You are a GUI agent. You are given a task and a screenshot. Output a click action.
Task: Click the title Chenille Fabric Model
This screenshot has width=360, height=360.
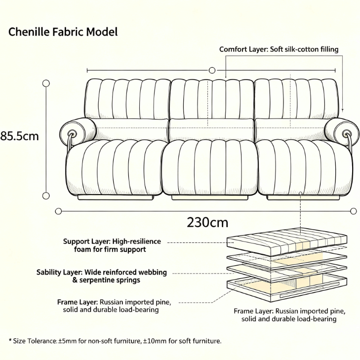point(63,32)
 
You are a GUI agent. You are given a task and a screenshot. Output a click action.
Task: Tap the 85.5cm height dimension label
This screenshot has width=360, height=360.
point(19,136)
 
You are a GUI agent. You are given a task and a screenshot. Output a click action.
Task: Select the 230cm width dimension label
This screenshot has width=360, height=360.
point(207,222)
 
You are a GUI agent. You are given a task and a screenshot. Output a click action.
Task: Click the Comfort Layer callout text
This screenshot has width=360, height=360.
point(279,49)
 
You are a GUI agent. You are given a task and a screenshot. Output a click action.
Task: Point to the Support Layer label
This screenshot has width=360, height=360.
point(112,245)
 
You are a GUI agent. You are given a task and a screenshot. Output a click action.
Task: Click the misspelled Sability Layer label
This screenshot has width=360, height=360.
point(101,276)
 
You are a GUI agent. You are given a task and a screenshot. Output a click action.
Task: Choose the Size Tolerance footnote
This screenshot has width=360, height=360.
point(115,341)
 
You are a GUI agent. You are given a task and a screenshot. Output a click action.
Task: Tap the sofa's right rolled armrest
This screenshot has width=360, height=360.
point(342,131)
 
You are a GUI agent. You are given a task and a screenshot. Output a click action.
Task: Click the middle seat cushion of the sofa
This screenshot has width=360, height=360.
point(210,167)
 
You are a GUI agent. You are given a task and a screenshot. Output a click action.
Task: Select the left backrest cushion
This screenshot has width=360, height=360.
point(127,99)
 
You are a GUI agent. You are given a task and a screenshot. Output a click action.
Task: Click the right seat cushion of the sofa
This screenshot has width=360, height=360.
point(305,167)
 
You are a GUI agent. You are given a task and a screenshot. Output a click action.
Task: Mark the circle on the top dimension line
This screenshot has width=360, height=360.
point(212,70)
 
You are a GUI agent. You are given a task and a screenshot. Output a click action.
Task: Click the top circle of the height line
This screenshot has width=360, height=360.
point(46,83)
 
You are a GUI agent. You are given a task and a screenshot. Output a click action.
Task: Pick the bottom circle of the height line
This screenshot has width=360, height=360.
point(46,196)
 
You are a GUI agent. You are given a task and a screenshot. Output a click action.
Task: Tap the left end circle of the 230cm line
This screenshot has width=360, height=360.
point(59,211)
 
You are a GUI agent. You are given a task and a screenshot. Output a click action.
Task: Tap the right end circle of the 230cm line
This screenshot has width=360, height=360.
point(354,211)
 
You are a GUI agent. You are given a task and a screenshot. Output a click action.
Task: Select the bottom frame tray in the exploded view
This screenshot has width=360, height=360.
point(287,287)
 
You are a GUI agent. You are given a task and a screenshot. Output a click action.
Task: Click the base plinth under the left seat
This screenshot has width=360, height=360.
point(116,197)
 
